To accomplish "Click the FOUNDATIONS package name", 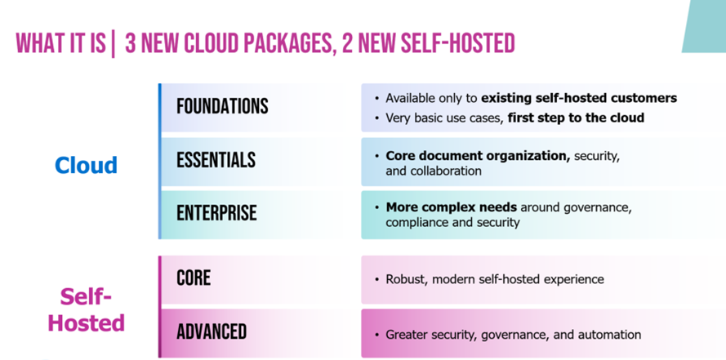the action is (222, 106).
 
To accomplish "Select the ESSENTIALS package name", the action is (216, 160).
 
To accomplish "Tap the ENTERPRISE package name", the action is (216, 213).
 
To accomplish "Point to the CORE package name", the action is (194, 278).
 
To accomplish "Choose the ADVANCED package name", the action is (212, 331).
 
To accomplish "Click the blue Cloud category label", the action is (86, 165).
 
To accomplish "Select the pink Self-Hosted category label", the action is (86, 309).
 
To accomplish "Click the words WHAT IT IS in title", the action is (60, 44).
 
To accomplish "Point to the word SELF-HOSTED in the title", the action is (457, 44).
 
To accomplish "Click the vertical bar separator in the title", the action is (113, 44).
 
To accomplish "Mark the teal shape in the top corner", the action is (705, 26).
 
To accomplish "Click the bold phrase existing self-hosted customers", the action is (579, 98).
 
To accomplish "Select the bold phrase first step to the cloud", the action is (576, 118).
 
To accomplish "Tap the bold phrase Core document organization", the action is (478, 156).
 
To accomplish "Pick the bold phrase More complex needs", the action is (452, 207).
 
